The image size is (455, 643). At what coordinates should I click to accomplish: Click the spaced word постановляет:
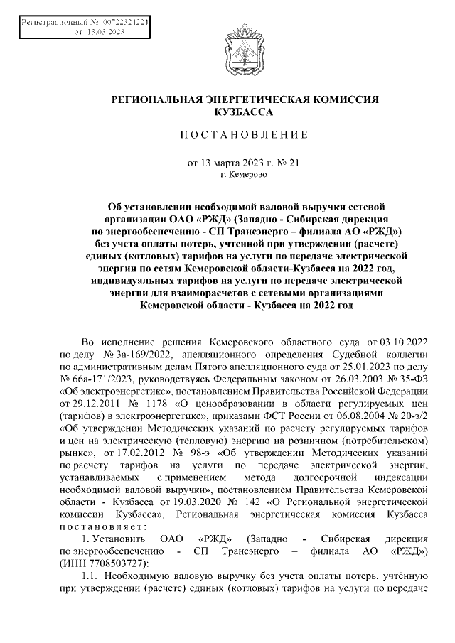pos(104,528)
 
